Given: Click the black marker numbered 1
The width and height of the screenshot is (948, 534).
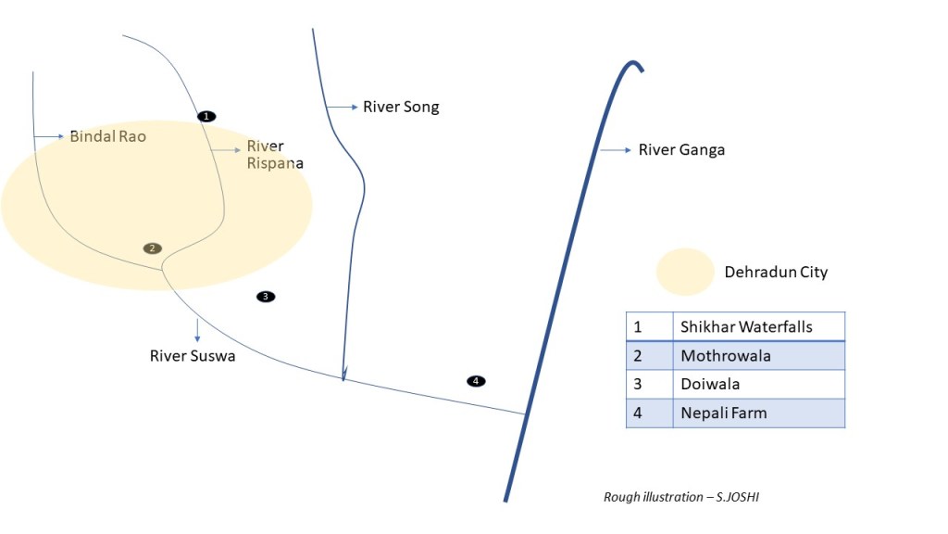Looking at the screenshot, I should point(206,116).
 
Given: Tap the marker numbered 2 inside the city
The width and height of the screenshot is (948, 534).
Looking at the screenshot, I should point(153,248).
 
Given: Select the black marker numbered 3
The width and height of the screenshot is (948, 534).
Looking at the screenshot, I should point(266,297).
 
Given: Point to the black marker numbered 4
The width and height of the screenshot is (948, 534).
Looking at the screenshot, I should point(476,381).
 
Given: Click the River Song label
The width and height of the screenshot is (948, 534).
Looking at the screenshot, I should point(400,107).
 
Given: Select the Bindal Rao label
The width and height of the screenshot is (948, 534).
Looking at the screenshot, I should point(107,136).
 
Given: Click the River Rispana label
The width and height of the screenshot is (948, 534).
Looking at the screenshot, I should point(274,155).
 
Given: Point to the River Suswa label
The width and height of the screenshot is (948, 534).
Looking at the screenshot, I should point(193,355).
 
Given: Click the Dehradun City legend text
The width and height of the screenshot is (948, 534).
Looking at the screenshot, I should point(776,273).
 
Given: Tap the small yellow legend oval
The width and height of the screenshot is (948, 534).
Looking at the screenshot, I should point(684,273).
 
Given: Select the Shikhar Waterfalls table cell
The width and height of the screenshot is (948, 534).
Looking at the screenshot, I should point(758,326).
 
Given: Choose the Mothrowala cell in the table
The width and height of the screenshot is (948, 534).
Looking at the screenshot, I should point(758,356).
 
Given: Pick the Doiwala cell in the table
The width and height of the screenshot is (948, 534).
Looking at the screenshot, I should point(758,384).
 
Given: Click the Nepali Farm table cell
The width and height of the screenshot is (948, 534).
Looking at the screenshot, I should point(758,413).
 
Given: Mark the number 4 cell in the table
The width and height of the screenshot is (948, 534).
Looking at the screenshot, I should point(648,413).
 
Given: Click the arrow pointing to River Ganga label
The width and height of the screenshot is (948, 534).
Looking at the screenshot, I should point(615,149).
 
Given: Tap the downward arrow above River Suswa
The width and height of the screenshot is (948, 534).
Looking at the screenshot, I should point(197,329).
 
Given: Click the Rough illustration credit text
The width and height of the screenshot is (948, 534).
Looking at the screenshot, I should point(682,497).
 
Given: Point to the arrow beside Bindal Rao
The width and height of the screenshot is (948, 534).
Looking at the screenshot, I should point(50,136).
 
